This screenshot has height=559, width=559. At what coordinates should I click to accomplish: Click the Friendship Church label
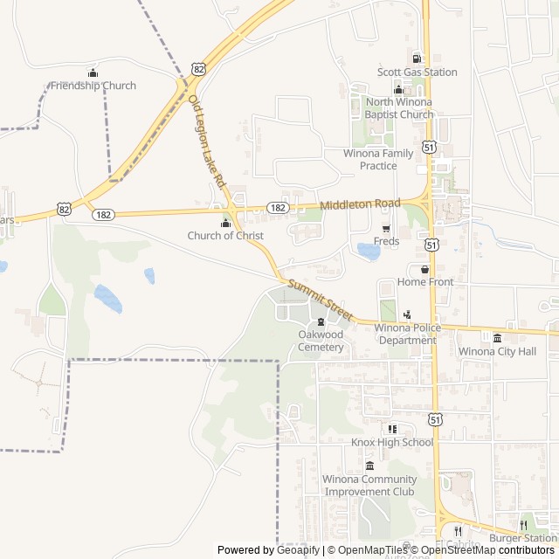(93, 86)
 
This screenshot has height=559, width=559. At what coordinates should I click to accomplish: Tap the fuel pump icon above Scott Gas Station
(417, 59)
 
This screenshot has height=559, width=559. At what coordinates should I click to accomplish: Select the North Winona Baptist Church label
(399, 108)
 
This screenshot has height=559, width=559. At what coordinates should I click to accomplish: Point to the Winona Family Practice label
(378, 159)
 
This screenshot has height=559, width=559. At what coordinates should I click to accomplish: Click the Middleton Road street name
(360, 204)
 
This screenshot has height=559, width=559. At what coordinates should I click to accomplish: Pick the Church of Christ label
(225, 236)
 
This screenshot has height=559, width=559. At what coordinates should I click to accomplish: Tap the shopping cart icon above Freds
(386, 229)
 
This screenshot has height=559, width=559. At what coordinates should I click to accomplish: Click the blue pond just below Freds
(369, 252)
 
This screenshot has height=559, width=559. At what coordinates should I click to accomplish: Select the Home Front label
(425, 282)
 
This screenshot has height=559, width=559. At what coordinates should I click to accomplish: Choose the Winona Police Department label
(405, 334)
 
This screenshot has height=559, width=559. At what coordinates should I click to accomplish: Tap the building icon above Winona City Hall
(497, 338)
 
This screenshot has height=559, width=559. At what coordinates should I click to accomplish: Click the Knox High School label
(392, 442)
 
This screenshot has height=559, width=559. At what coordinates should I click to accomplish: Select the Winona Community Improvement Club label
(369, 485)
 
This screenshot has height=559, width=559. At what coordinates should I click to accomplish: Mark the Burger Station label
(522, 538)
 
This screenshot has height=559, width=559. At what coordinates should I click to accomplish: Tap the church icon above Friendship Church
(93, 72)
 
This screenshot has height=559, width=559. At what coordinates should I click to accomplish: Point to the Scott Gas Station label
(417, 72)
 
